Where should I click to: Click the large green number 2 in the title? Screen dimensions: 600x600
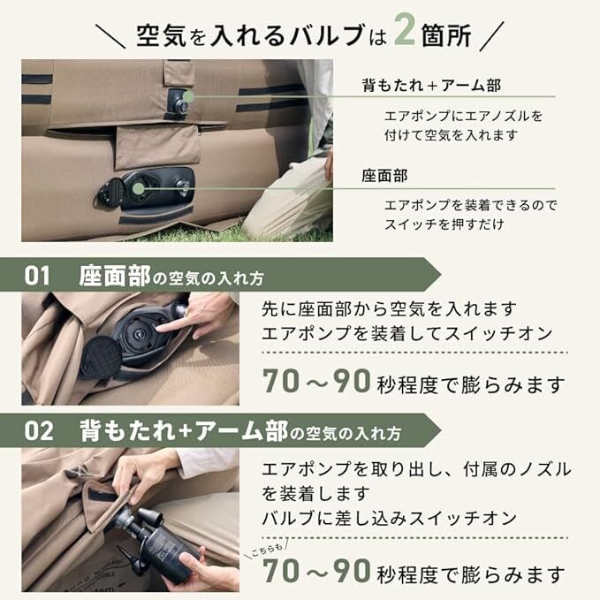[405, 29]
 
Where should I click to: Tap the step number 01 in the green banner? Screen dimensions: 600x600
[37, 276]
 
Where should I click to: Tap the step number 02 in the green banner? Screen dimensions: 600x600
[39, 431]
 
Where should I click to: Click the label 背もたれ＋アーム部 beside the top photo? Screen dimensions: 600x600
[431, 85]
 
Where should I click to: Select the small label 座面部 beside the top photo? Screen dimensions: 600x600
[385, 176]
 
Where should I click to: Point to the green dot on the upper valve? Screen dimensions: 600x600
[188, 96]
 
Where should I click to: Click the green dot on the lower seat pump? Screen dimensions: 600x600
[139, 188]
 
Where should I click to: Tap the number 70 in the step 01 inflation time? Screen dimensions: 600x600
[281, 381]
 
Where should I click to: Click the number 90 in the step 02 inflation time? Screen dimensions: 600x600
[352, 571]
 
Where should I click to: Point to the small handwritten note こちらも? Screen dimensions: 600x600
[267, 550]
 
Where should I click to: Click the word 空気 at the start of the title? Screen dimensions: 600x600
[161, 36]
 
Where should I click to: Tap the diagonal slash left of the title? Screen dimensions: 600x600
[110, 36]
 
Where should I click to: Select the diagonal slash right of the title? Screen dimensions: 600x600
[491, 36]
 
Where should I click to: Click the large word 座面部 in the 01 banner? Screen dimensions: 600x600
[115, 276]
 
